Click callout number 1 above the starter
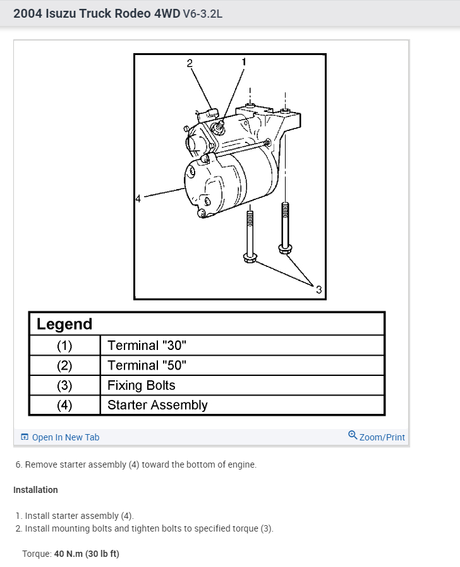tap(244, 61)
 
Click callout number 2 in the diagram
tap(188, 62)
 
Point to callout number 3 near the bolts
tap(318, 290)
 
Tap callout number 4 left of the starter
tap(138, 199)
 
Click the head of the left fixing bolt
tap(249, 257)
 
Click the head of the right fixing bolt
tap(284, 247)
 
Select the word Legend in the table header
tap(64, 324)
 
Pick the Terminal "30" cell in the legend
tap(147, 346)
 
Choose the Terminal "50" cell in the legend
tap(147, 366)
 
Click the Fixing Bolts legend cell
tap(141, 385)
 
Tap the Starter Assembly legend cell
tap(157, 405)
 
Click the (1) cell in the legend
tap(64, 346)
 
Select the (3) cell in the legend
tap(64, 385)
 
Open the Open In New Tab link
tap(65, 437)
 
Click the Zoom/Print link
tap(382, 437)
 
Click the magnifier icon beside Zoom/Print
tap(353, 435)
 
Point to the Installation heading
tap(35, 490)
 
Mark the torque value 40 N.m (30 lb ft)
tap(86, 554)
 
